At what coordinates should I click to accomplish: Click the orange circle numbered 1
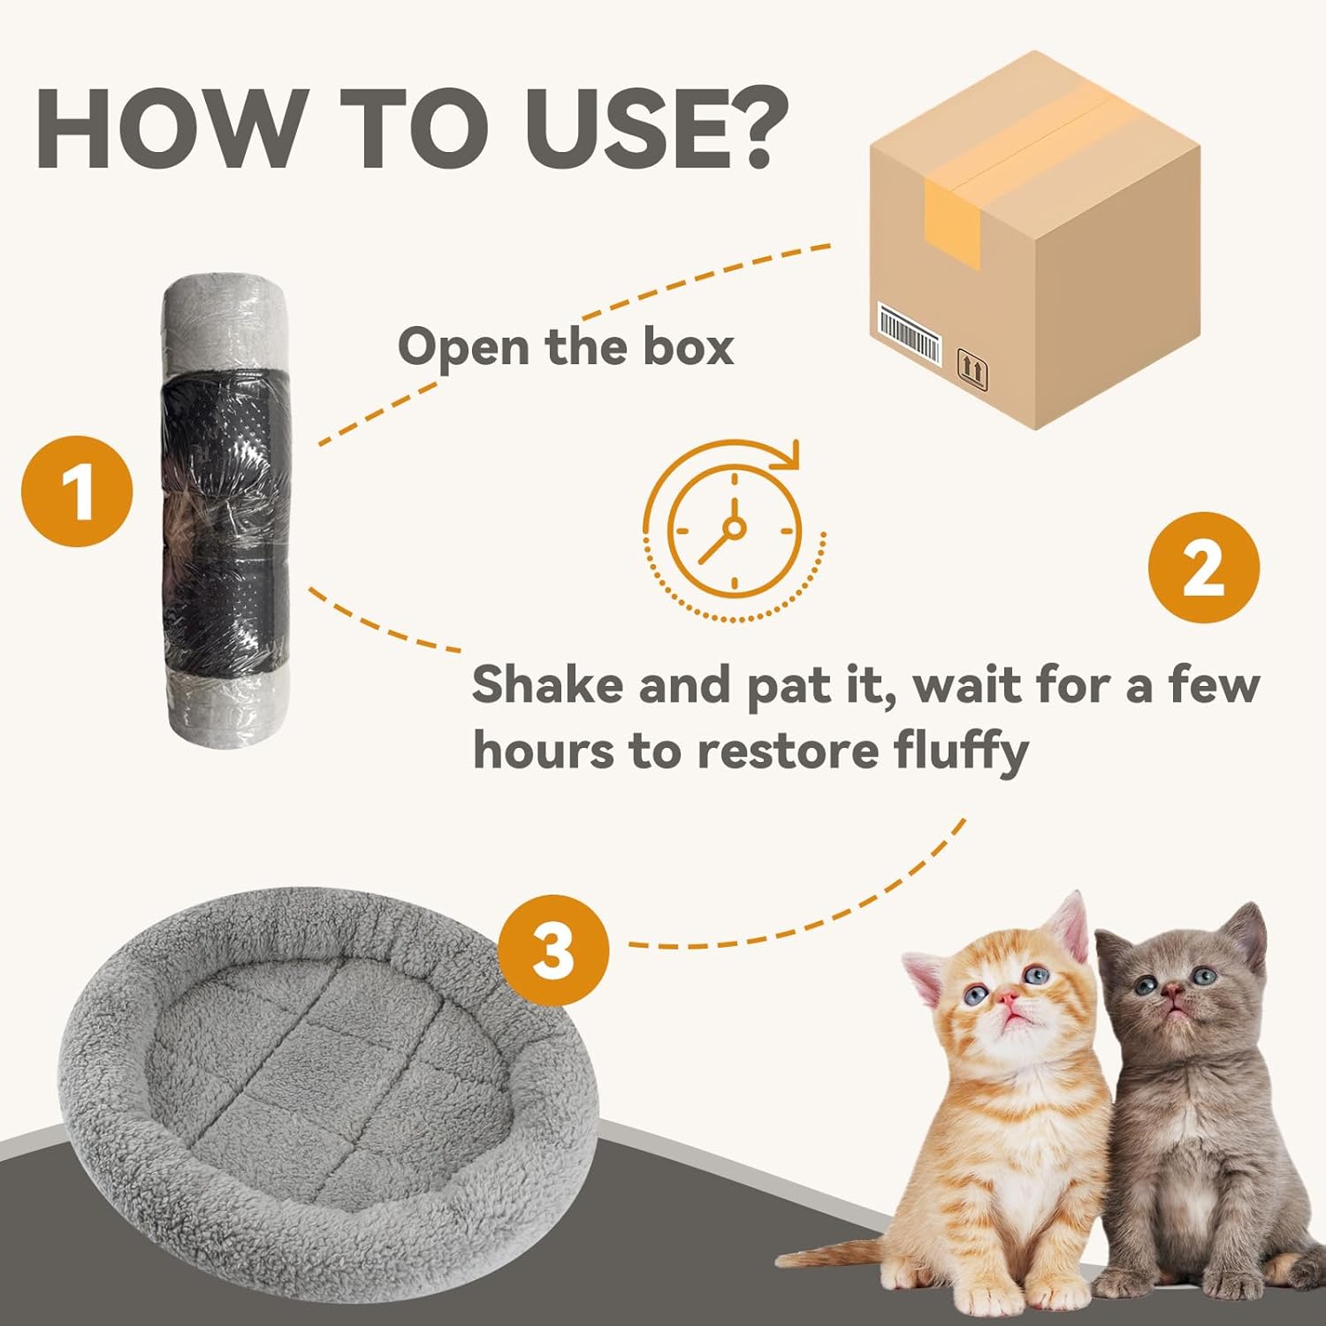click(x=77, y=492)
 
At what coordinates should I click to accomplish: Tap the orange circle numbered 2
click(x=1203, y=568)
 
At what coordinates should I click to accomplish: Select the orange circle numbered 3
click(x=553, y=950)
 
